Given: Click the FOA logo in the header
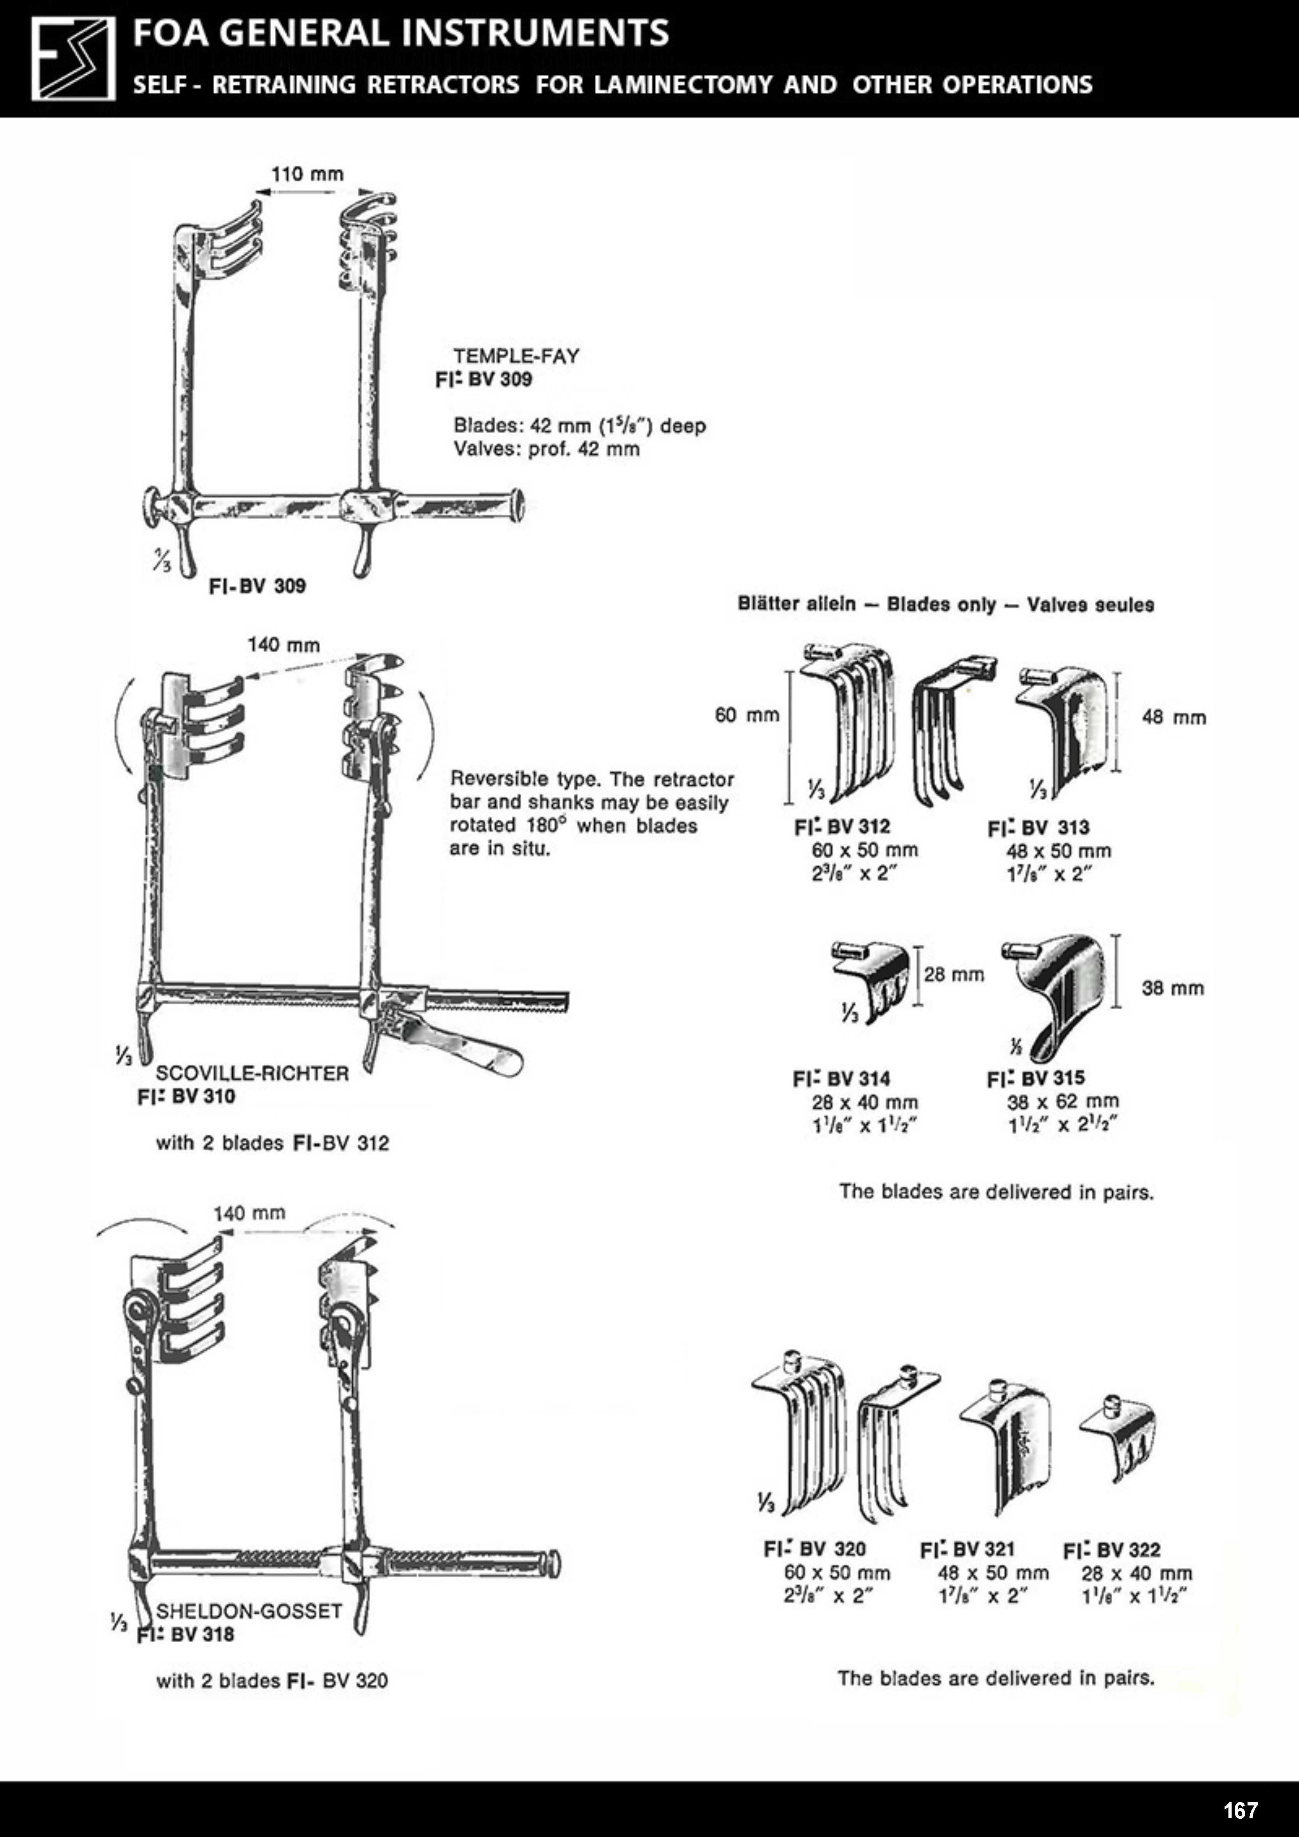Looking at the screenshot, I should pos(73,59).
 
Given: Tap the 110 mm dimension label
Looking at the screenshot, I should pos(308,174).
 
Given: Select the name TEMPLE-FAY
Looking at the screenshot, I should pos(516,356).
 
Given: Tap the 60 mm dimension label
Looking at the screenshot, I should pos(747,714).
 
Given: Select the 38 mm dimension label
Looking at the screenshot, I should pos(1173,988).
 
